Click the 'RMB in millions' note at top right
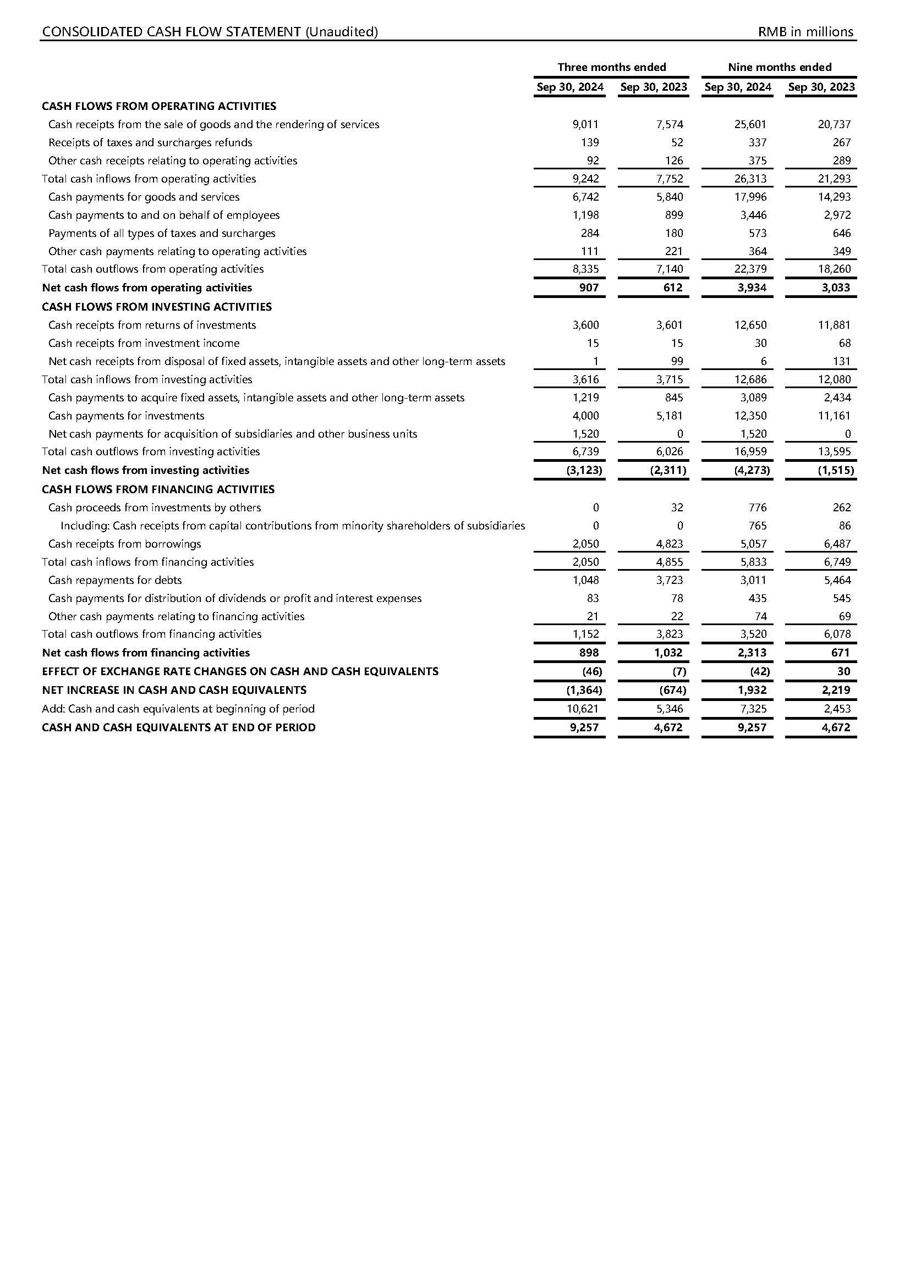point(805,32)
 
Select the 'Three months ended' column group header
point(611,67)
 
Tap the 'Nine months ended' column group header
point(779,67)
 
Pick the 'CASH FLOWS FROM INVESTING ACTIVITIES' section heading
point(156,307)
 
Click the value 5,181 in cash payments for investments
point(670,416)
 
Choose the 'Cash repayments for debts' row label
point(115,580)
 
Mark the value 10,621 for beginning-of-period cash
point(583,709)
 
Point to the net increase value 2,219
point(836,690)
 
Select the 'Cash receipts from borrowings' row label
point(124,544)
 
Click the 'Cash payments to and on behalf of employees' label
point(163,215)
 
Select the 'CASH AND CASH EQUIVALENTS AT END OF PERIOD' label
point(179,727)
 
